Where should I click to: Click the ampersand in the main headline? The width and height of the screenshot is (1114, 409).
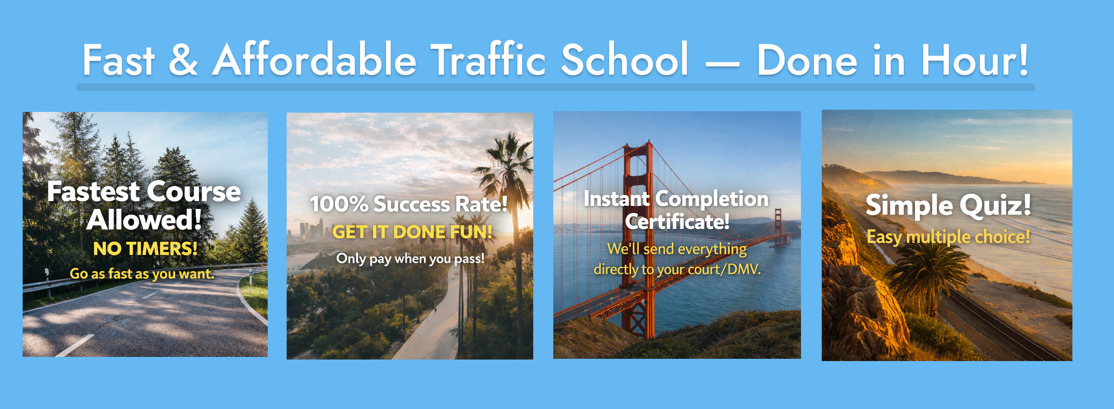[x=183, y=60]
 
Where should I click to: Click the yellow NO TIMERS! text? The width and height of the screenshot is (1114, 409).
[x=145, y=249]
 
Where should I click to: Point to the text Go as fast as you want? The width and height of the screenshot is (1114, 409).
[x=142, y=274]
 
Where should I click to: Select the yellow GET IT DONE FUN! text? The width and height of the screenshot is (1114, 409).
[x=412, y=232]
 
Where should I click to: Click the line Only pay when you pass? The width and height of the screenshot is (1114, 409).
[x=410, y=259]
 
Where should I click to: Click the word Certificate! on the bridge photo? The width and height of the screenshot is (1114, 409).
[x=677, y=222]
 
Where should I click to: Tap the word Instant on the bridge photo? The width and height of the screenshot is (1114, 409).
[x=616, y=199]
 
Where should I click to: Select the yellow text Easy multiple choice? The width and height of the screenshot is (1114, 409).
[x=948, y=237]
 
